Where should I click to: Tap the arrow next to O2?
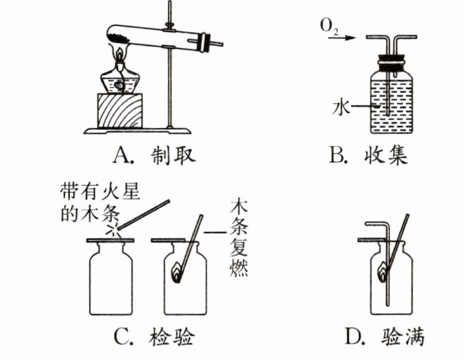[x=349, y=37]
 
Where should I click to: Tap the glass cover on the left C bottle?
[x=112, y=240]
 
